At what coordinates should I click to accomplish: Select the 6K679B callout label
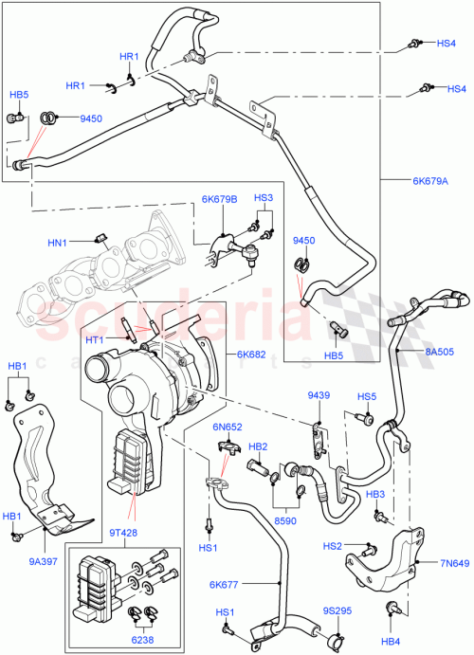tap(219, 199)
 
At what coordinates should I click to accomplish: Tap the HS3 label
tap(264, 198)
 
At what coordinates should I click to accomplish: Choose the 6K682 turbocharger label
tap(251, 355)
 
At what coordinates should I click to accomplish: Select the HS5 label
tap(367, 396)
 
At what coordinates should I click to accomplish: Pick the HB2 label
tap(257, 446)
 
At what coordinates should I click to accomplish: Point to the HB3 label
tap(375, 495)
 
